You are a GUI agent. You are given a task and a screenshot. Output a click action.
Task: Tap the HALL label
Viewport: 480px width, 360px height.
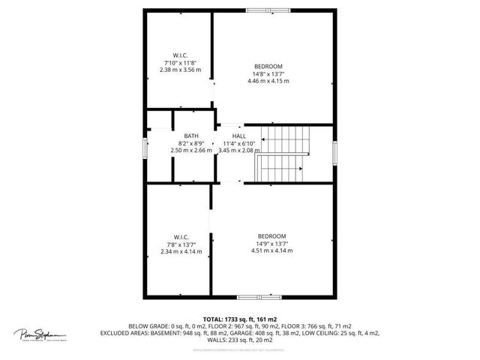pos(239,136)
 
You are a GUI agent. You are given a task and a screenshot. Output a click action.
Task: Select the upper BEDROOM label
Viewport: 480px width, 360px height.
pos(268,66)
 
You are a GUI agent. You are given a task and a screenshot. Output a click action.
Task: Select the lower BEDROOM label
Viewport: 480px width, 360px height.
pos(271,236)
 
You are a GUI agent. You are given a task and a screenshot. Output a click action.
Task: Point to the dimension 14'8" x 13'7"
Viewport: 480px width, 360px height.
pos(268,73)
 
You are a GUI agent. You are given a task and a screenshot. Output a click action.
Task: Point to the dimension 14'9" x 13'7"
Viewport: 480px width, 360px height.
pos(271,244)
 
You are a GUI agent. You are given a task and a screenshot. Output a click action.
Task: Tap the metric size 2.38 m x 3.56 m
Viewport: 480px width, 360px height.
pos(180,70)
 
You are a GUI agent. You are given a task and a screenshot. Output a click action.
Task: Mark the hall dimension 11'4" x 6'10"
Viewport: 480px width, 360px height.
pos(239,143)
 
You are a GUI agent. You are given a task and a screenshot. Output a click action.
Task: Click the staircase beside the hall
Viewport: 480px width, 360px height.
pos(283,154)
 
